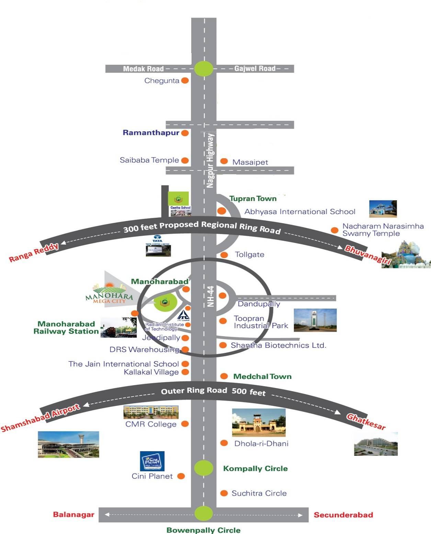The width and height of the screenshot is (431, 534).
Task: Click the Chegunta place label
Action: pos(162,81)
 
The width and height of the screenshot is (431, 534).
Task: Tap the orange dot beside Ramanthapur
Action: pos(185,133)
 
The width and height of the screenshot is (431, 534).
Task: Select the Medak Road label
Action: pos(143,69)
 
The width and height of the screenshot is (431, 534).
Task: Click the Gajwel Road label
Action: pos(255,68)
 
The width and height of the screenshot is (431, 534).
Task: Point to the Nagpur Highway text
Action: pos(210,161)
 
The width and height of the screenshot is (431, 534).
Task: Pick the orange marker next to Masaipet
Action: pos(224,161)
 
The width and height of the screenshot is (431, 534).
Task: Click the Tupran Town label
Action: pos(253,198)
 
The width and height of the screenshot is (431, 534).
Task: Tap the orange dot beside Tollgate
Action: pos(224,255)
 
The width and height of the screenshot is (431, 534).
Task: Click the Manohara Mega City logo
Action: pos(109,294)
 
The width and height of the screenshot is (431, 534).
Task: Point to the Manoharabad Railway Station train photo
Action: pos(118,327)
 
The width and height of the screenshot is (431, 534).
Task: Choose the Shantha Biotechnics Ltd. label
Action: pos(278,345)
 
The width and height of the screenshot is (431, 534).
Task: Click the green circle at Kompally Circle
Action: pos(204,467)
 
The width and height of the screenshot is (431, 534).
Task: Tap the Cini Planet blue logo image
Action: pos(152,461)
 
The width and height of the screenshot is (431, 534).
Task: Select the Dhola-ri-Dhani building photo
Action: pos(259,422)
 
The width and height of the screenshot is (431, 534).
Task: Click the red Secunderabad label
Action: pos(343,515)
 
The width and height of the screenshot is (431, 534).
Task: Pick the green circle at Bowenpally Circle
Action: pos(204,513)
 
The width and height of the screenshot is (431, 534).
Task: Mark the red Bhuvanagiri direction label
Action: pos(368,255)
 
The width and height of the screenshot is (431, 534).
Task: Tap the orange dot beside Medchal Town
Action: pos(224,376)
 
